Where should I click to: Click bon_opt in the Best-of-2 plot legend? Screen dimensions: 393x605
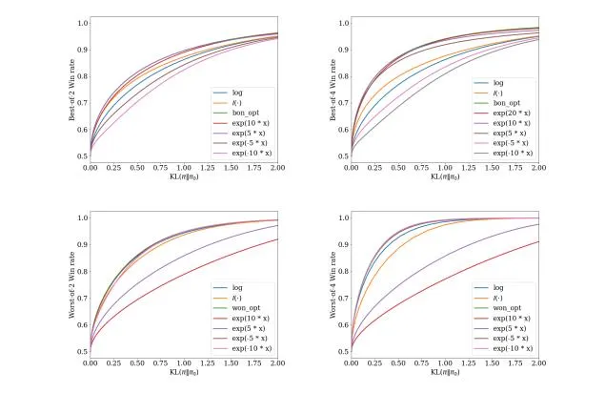[245, 114]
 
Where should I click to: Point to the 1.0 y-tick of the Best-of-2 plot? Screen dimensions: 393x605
[82, 22]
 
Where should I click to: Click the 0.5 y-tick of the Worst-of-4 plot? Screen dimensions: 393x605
[343, 351]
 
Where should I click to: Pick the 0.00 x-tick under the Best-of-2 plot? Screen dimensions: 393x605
[91, 167]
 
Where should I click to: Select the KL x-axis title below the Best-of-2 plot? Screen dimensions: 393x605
[184, 176]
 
